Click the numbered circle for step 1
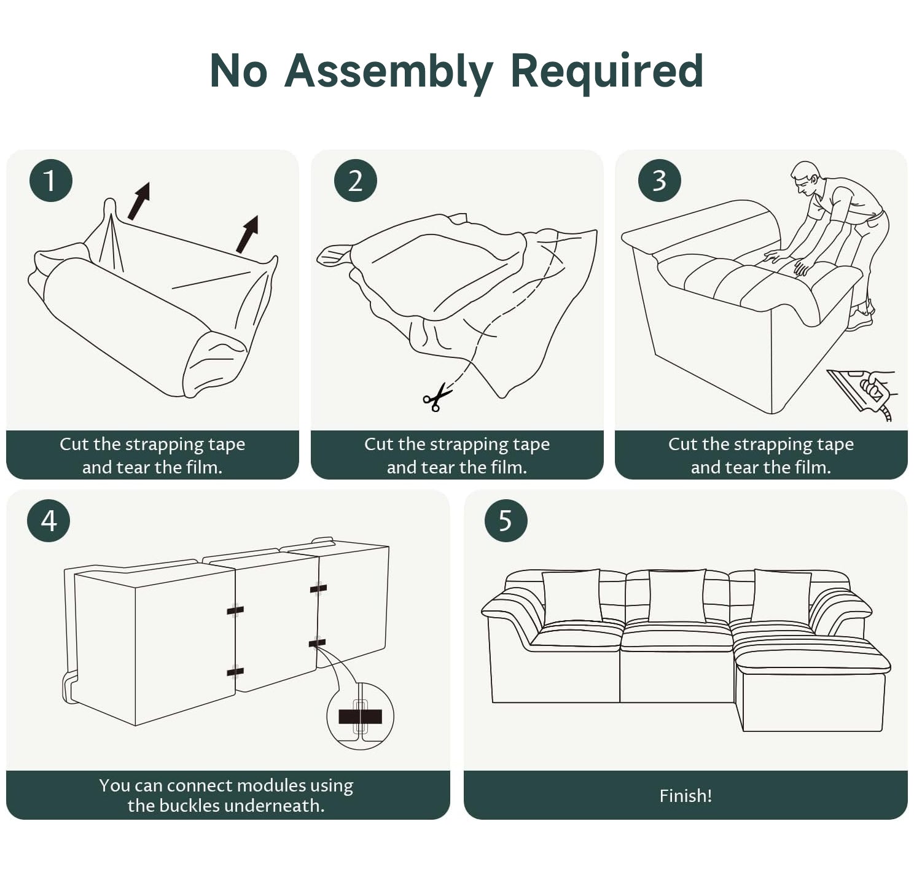(x=51, y=181)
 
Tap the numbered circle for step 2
(x=356, y=181)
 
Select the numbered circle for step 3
(x=660, y=181)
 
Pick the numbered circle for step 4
(x=49, y=521)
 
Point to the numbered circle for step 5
(x=506, y=521)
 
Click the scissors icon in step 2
(x=437, y=398)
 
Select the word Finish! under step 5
(x=685, y=796)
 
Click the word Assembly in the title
(x=389, y=72)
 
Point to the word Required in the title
(x=606, y=72)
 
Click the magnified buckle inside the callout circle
(x=360, y=717)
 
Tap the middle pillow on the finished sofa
(x=677, y=596)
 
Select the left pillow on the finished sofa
(x=572, y=597)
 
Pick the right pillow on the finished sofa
(x=781, y=597)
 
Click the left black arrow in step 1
(x=139, y=201)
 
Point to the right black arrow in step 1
(x=247, y=234)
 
